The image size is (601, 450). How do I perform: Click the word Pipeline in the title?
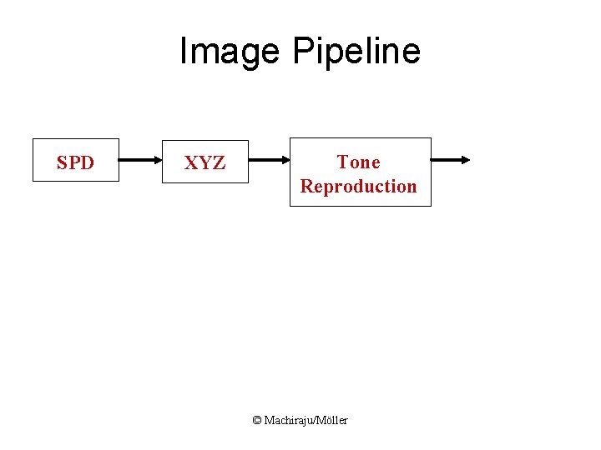[356, 52]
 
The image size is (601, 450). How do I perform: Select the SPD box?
[75, 159]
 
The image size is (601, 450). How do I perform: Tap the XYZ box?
[205, 162]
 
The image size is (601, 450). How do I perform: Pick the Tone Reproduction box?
[360, 172]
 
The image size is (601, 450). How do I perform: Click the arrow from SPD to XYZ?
[140, 159]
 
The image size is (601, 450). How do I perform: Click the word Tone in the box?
[358, 162]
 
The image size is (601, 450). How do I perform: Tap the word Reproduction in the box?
[358, 186]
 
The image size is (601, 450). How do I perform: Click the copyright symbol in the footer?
[257, 420]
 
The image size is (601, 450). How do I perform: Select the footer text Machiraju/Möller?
[306, 420]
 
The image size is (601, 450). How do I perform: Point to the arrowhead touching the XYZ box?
[159, 159]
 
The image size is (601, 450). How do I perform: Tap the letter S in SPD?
[62, 163]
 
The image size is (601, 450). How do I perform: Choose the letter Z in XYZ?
[219, 163]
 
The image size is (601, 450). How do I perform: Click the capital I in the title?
[184, 52]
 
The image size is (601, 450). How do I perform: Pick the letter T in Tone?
[342, 162]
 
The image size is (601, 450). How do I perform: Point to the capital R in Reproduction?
[306, 186]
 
